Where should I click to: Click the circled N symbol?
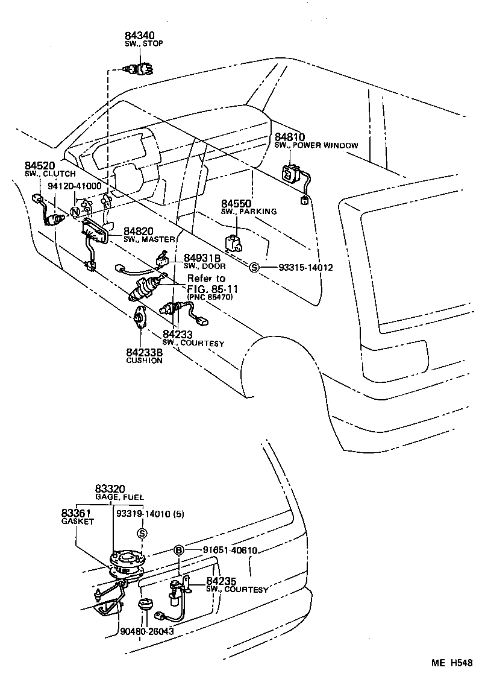(x=75, y=212)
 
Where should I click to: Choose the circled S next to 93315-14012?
(x=254, y=267)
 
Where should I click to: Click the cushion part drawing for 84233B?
(x=141, y=317)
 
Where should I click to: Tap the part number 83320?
(x=110, y=488)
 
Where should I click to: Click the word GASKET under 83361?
(x=78, y=522)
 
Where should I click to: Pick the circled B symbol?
(x=178, y=550)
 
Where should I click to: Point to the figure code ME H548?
(x=451, y=663)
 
